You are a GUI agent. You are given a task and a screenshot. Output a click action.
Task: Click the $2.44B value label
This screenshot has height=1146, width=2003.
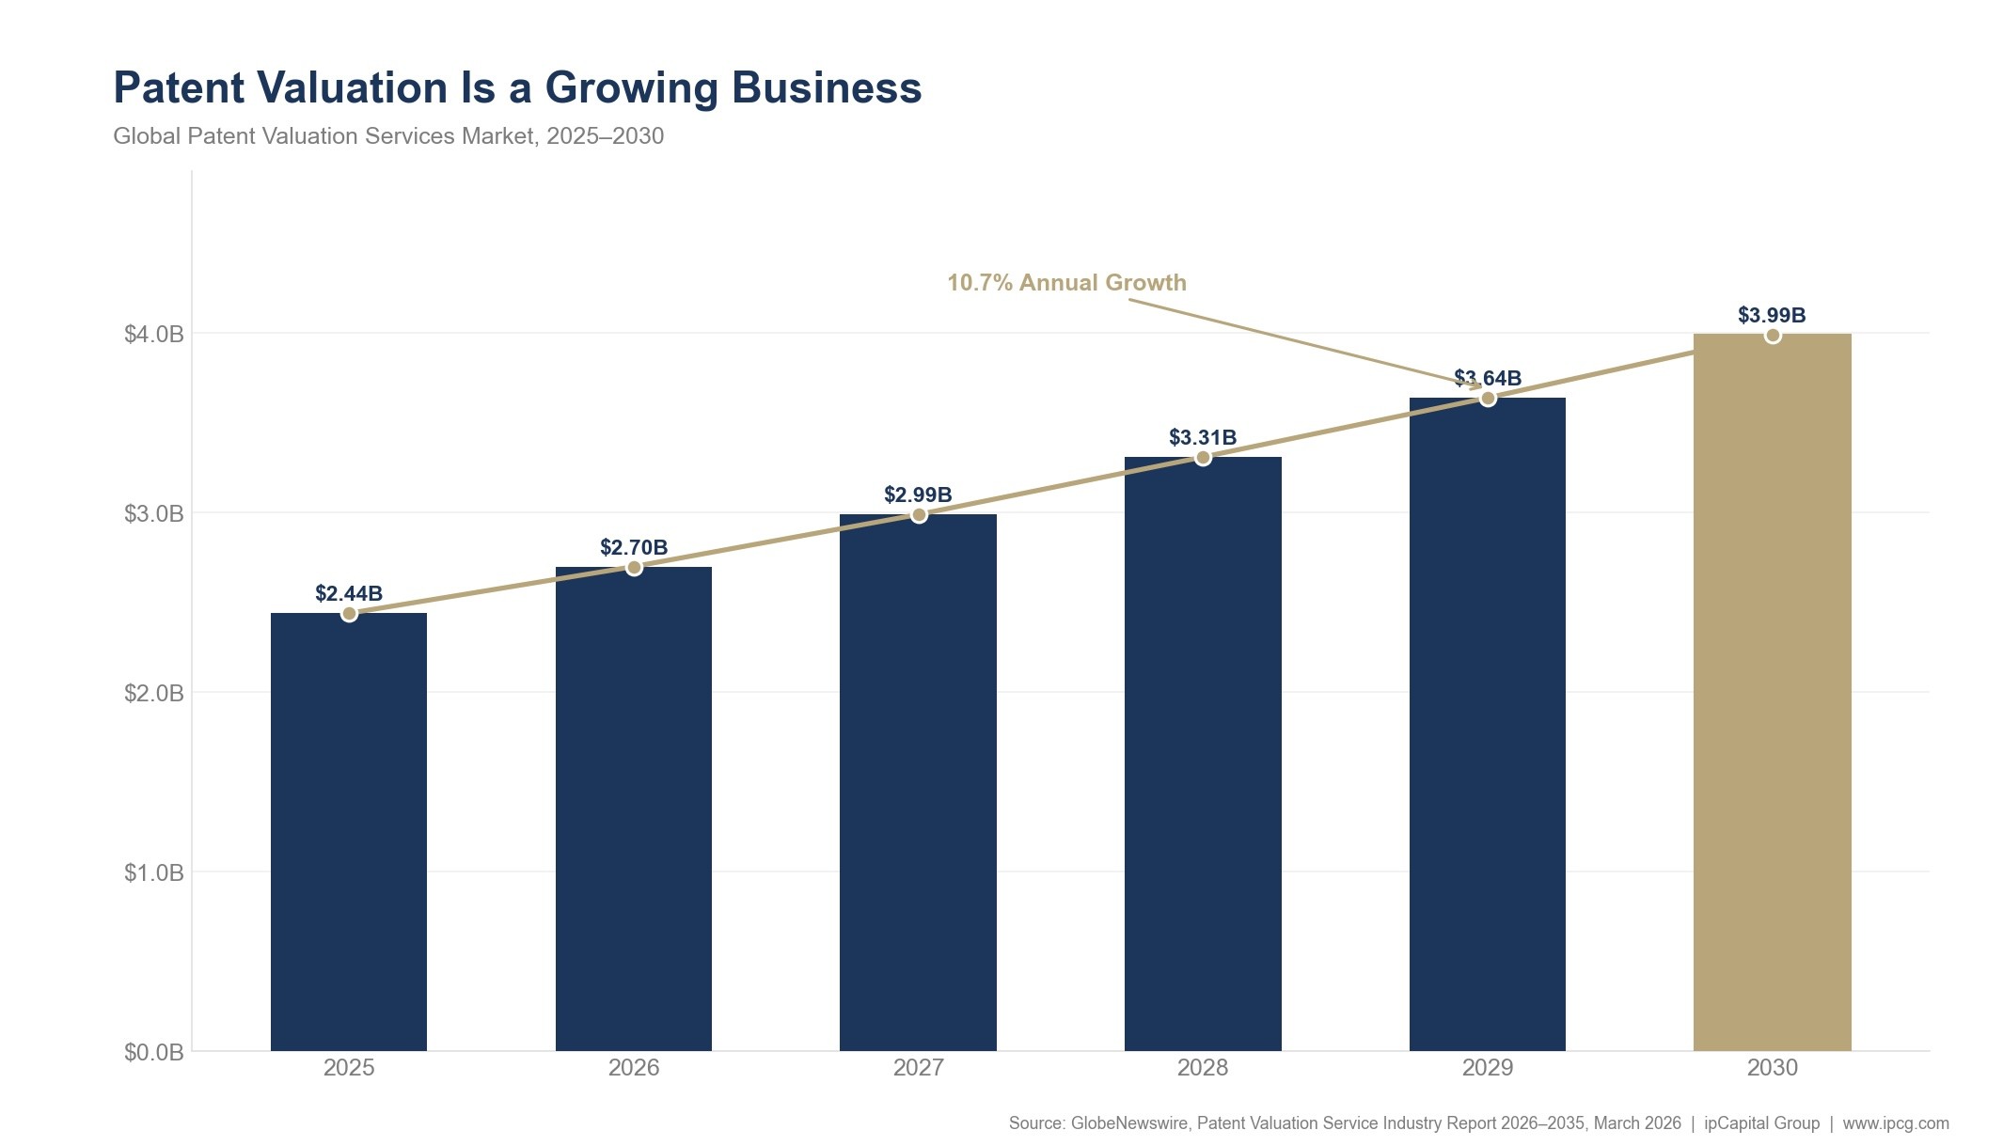point(348,593)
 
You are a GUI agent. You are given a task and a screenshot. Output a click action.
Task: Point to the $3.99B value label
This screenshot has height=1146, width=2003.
point(1772,315)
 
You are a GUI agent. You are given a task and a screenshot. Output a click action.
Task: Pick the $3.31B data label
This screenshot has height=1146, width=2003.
point(1202,437)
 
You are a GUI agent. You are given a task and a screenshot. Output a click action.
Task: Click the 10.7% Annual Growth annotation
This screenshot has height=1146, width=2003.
point(1066,283)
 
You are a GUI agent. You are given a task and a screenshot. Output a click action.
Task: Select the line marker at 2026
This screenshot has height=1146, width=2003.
point(634,568)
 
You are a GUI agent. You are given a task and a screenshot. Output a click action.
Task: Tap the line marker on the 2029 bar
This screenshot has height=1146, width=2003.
point(1488,399)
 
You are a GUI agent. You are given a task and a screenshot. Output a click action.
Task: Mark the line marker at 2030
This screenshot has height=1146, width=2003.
point(1773,336)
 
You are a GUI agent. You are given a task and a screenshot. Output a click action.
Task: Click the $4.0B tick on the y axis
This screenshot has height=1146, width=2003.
point(154,334)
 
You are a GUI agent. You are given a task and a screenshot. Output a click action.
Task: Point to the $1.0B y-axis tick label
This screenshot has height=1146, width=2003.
point(154,872)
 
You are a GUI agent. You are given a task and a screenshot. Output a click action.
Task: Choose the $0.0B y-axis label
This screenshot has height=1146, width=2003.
point(154,1052)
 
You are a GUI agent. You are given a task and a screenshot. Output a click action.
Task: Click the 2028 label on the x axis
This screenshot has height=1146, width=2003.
point(1203,1068)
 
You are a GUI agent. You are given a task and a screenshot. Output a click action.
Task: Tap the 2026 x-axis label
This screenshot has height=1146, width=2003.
point(634,1068)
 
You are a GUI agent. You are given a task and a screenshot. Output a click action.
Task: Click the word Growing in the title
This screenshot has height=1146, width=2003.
point(632,88)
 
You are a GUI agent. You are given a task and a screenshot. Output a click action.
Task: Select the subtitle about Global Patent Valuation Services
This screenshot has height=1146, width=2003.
point(388,136)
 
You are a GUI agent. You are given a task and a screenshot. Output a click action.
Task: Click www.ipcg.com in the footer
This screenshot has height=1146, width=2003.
point(1896,1123)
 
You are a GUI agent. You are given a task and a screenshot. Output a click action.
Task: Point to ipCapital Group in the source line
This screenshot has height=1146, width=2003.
point(1761,1123)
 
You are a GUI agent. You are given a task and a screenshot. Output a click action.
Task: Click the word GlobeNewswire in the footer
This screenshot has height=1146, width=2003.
point(1129,1123)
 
